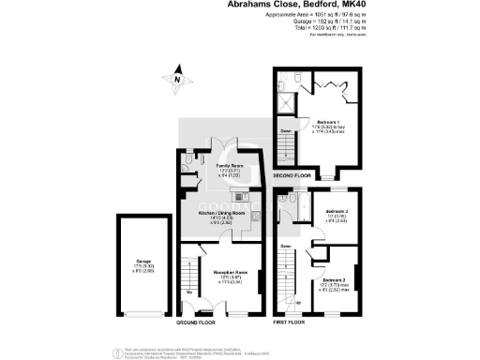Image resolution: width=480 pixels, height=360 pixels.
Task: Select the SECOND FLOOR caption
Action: (292, 174)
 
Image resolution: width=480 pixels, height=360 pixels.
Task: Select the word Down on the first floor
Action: (285, 247)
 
